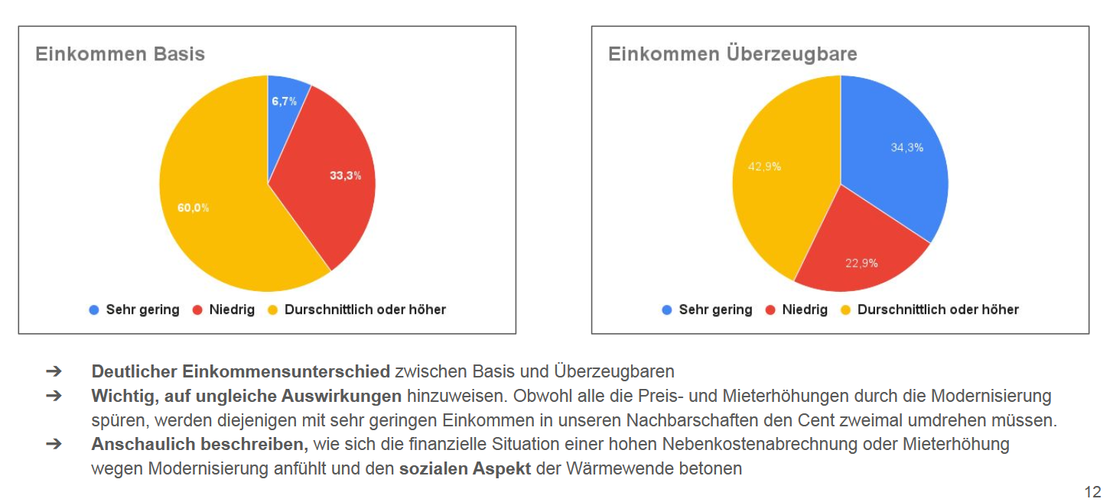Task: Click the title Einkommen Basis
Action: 120,54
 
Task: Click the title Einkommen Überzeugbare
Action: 732,54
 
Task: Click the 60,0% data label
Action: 194,207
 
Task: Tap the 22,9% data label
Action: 861,264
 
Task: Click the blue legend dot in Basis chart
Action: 94,310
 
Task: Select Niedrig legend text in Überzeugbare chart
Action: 805,310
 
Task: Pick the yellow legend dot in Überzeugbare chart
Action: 846,310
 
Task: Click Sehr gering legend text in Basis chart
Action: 142,310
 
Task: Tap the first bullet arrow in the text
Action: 53,372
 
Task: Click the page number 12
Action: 1092,491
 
